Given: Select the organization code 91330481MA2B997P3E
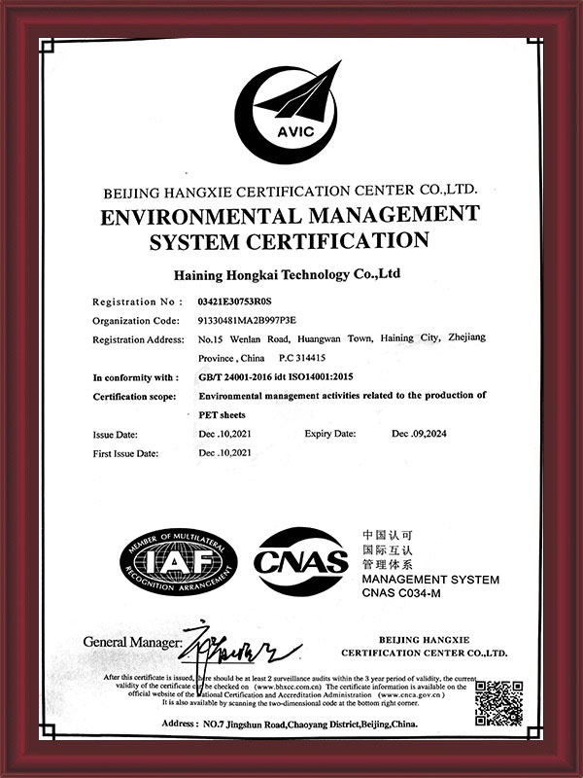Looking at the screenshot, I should point(246,320).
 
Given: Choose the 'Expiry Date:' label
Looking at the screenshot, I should point(330,433).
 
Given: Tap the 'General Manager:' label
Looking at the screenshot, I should point(132,643).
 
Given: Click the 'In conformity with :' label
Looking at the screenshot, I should point(135,376).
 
